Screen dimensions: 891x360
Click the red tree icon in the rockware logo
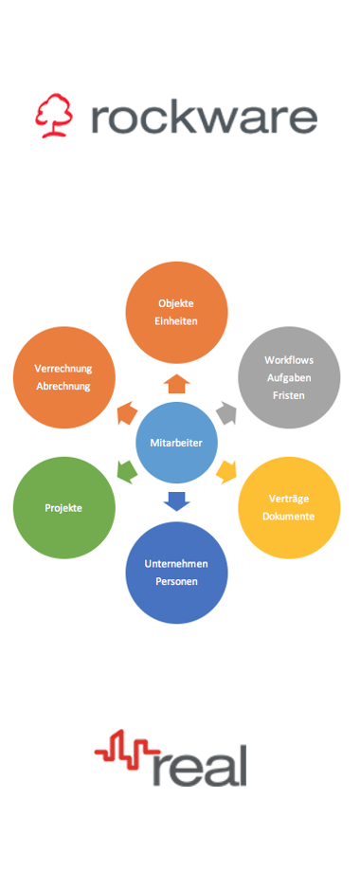coord(54,117)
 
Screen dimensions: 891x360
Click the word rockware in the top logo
coord(204,118)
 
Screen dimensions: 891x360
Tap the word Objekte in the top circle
coord(176,303)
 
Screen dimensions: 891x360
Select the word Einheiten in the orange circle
coord(176,321)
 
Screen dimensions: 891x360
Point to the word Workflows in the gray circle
coord(289,359)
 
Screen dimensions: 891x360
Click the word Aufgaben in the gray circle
coord(289,377)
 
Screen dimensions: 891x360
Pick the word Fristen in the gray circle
coord(289,395)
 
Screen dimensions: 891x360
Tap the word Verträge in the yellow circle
coord(289,499)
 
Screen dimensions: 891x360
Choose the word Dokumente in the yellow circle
coord(289,517)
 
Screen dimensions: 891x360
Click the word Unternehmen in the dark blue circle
coord(176,563)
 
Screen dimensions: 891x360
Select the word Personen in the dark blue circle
coord(176,581)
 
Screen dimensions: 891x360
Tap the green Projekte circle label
coord(63,508)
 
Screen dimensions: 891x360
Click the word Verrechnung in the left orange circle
coord(63,368)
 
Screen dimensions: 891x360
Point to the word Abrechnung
coord(63,386)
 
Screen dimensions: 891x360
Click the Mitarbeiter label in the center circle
coord(176,443)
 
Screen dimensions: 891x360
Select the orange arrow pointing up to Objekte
coord(177,383)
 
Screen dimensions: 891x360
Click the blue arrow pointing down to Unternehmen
coord(177,501)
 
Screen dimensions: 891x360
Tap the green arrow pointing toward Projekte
coord(125,469)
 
